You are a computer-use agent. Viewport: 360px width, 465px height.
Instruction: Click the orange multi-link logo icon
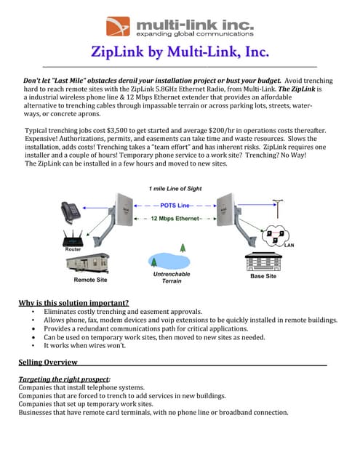117,26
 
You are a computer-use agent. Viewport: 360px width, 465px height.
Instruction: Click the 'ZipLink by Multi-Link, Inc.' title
180,52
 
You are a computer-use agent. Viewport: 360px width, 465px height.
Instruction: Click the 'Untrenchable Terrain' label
172,277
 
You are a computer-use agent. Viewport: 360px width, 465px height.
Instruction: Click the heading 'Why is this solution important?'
73,302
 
